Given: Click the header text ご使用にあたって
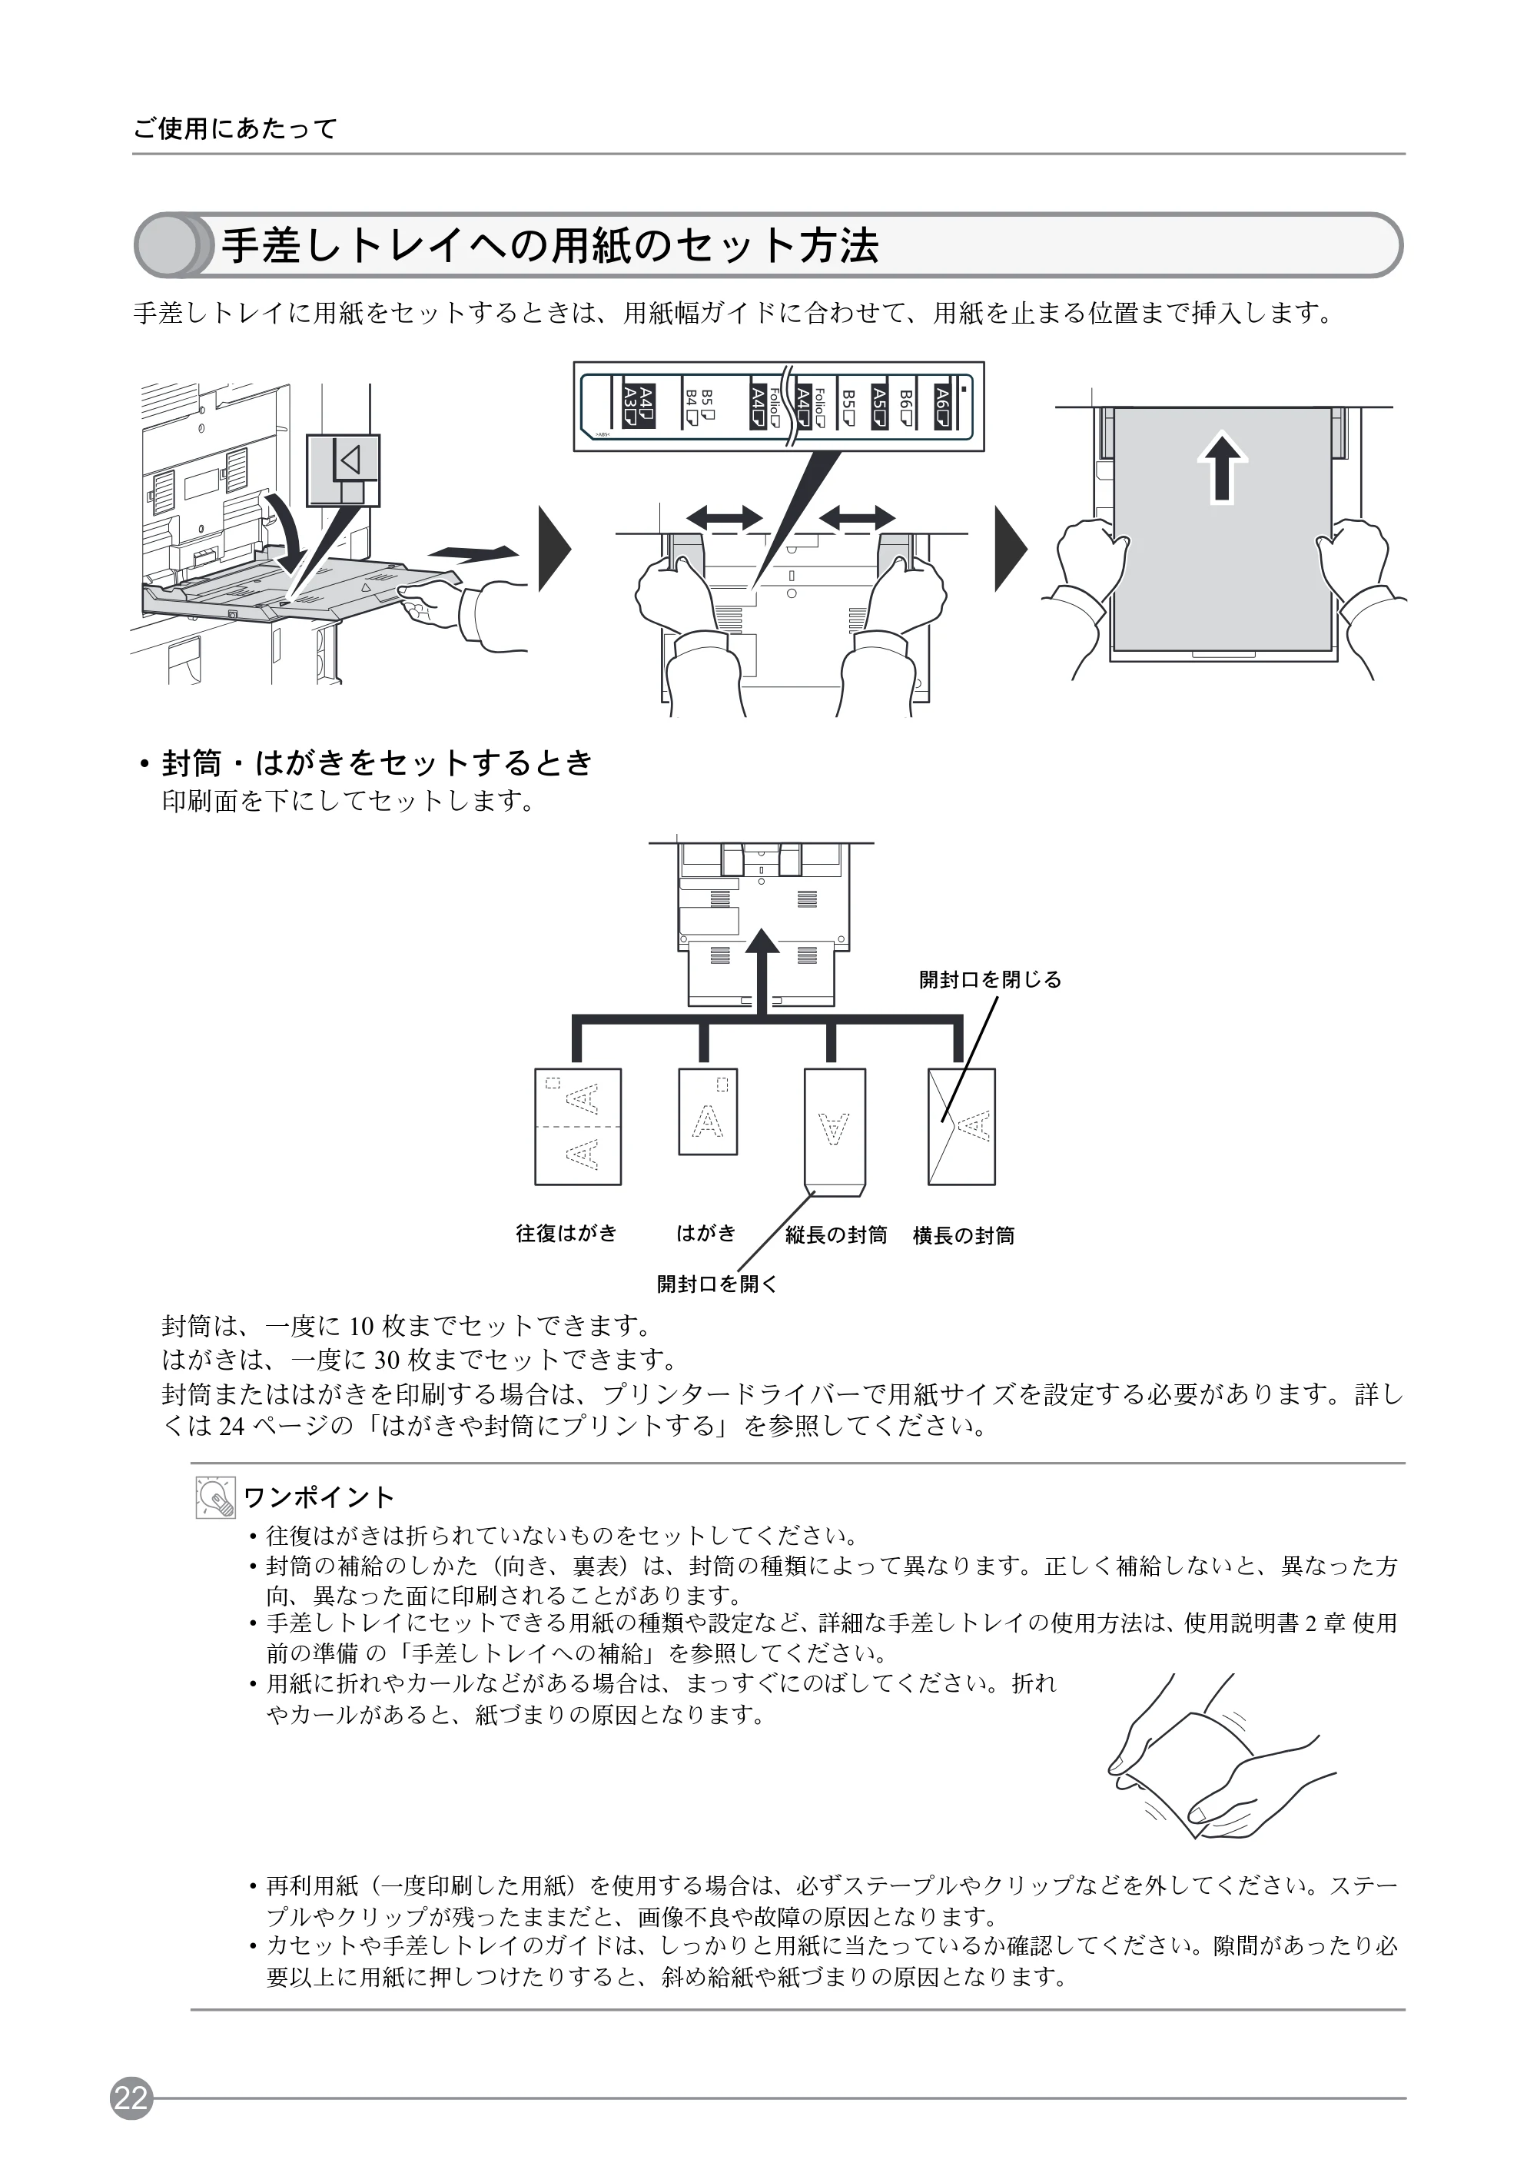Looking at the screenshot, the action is coord(235,129).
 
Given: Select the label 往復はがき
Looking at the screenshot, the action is coord(566,1233).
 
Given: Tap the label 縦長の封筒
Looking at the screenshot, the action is coord(836,1235).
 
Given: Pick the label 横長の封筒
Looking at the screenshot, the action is coord(964,1236).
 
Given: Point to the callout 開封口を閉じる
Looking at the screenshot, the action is coord(991,980).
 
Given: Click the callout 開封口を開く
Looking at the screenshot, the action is coord(717,1284).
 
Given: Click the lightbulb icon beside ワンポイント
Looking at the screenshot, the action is coord(215,1497).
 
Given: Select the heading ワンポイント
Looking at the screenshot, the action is coord(318,1497).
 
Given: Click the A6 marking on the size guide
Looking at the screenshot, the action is coord(942,407).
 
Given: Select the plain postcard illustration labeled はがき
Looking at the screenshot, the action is coord(708,1111).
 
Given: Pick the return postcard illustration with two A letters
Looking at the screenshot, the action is coord(578,1127).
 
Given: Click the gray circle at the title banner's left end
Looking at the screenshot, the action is coord(166,245).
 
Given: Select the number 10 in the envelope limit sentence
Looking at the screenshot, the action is coord(362,1326).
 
